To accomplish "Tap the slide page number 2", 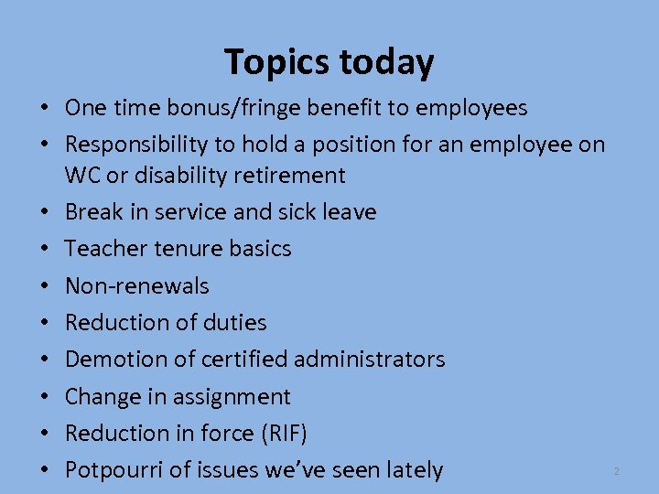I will coord(617,471).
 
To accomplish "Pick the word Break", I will coord(95,211).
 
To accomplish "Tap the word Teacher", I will coord(104,248).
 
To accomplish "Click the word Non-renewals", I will coord(137,285).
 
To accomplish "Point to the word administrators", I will coord(369,359).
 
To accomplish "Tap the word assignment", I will coord(232,396).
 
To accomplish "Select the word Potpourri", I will coord(114,470).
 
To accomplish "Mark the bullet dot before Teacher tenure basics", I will coord(44,249).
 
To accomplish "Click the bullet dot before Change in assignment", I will coord(44,397).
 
